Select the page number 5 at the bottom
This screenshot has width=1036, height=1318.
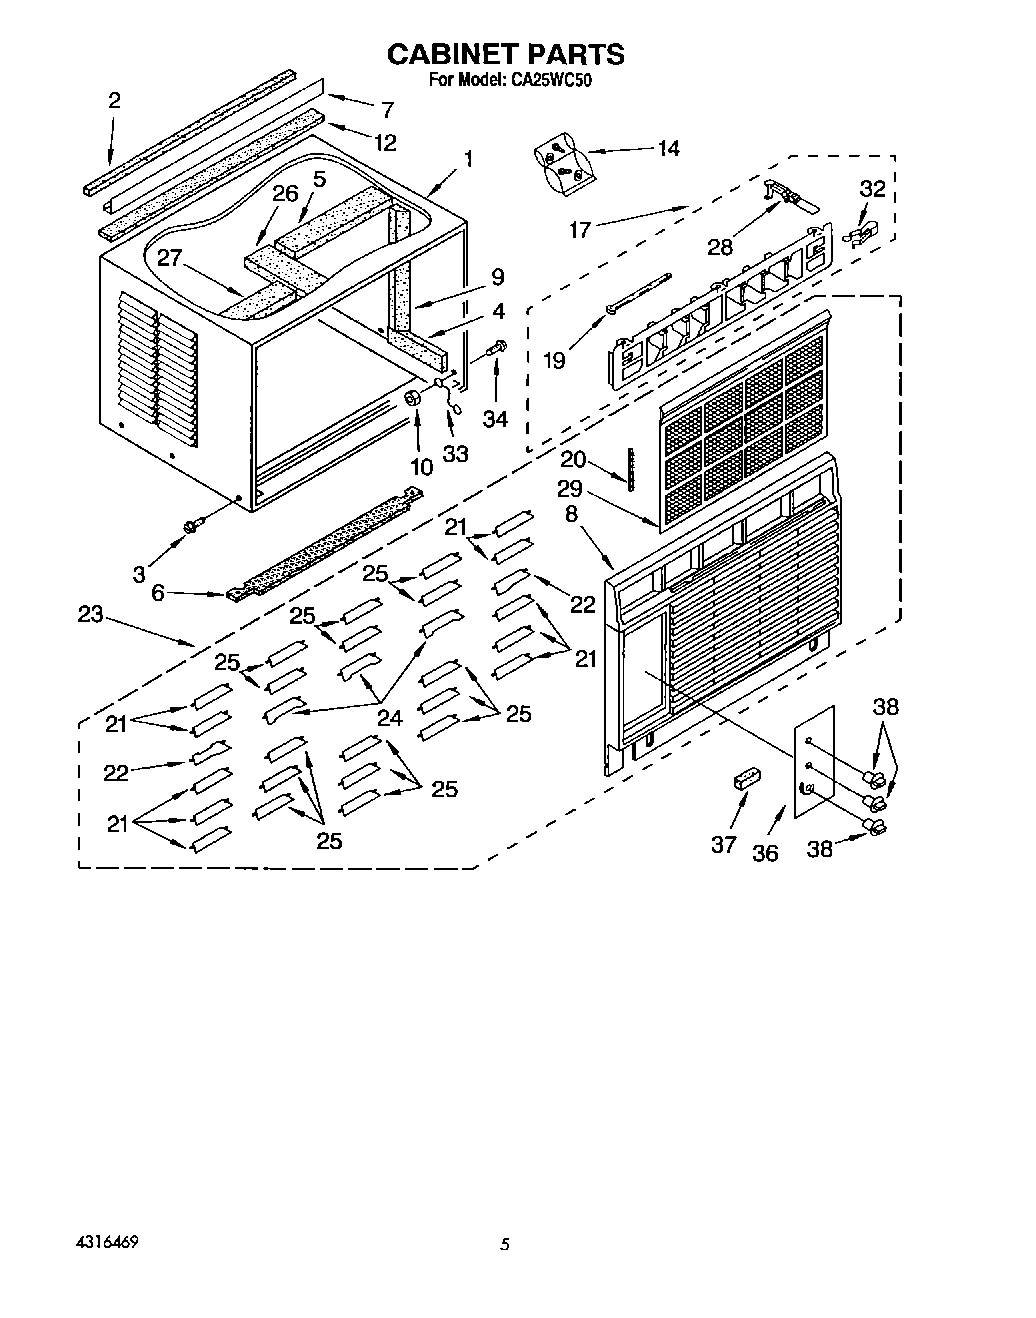506,1245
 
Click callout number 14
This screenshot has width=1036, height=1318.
667,149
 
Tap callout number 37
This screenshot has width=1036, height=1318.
723,844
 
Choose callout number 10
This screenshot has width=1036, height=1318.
421,465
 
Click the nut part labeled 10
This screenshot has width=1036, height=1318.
411,400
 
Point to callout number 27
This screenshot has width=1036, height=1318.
169,259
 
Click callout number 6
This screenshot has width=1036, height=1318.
157,592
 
